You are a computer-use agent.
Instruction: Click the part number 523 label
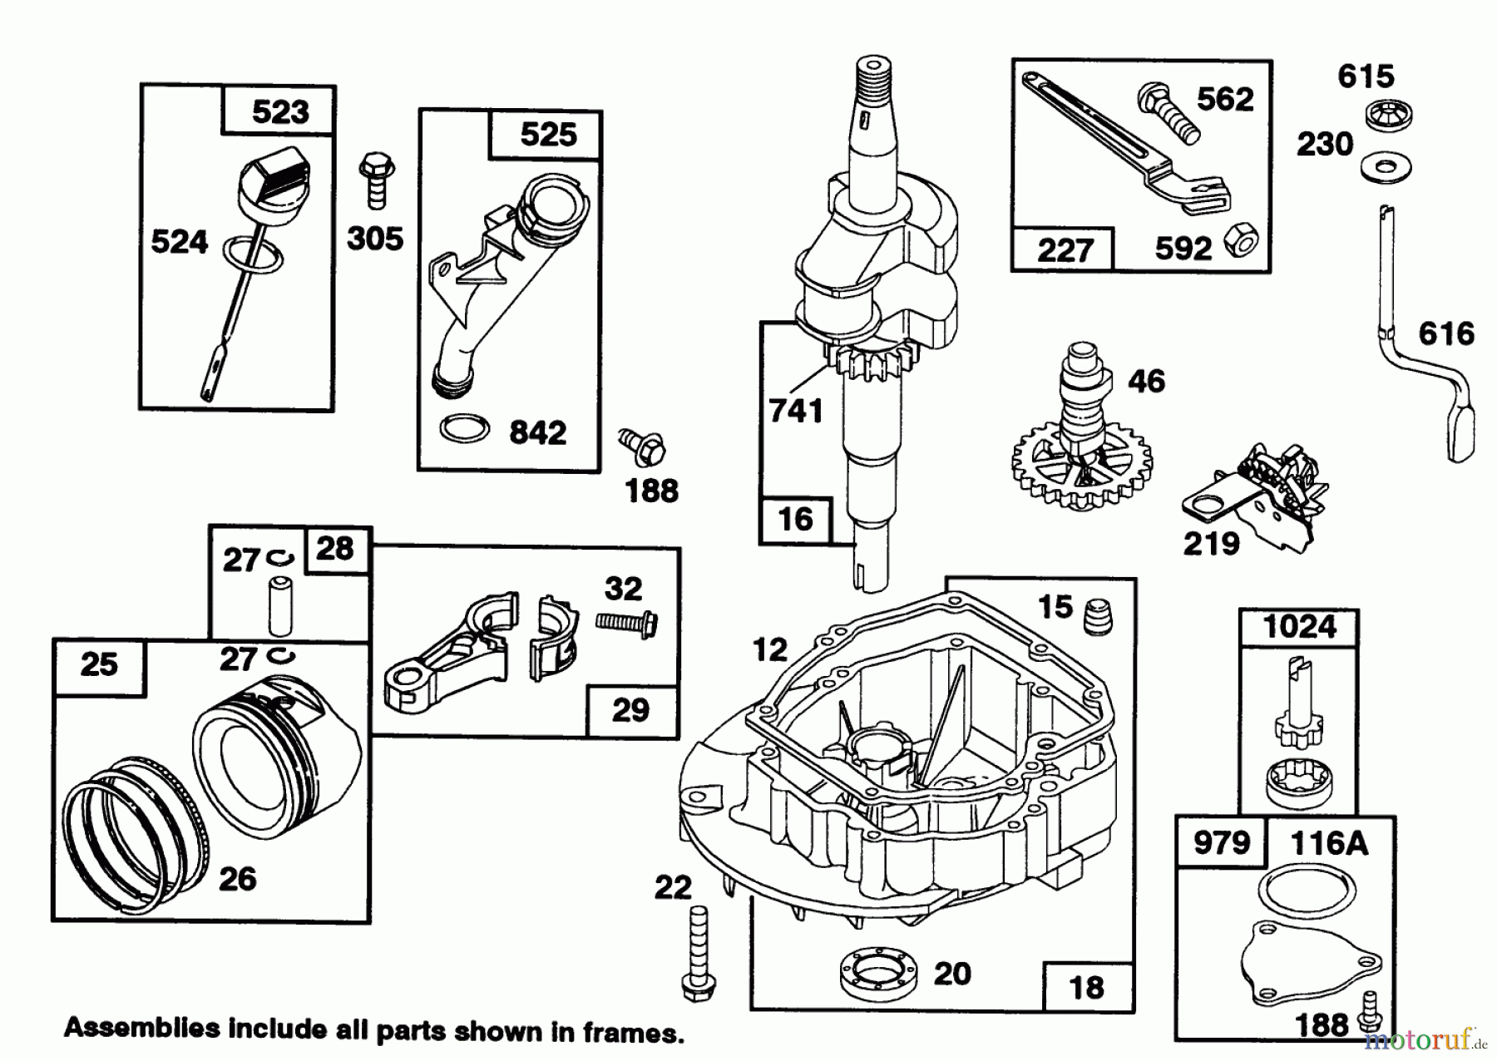pyautogui.click(x=279, y=111)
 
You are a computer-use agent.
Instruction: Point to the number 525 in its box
pyautogui.click(x=547, y=134)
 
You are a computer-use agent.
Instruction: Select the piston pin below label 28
pyautogui.click(x=280, y=611)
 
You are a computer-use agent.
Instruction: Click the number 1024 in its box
pyautogui.click(x=1299, y=626)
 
